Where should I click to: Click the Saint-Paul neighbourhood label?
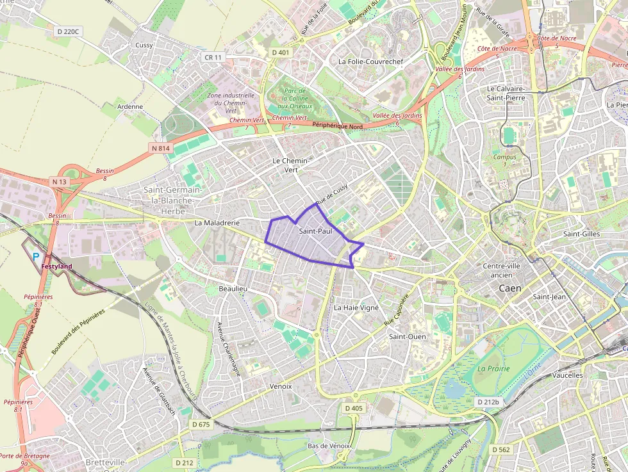click(x=315, y=231)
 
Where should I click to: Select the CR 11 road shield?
click(x=213, y=57)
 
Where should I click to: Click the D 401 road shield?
click(x=280, y=53)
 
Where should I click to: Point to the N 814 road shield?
click(x=161, y=148)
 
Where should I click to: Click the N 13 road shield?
click(x=60, y=182)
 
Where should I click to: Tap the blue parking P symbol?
click(x=36, y=256)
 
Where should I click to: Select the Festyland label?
click(x=56, y=266)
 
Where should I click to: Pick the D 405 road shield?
click(x=353, y=408)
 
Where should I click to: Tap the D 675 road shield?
click(x=201, y=424)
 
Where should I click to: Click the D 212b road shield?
click(x=488, y=402)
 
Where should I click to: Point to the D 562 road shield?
click(x=501, y=450)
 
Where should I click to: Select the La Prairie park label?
click(x=493, y=368)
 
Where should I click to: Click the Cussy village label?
click(x=144, y=45)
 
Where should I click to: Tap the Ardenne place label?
click(x=130, y=106)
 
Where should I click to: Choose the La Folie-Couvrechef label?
click(x=370, y=61)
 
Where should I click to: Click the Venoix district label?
click(x=281, y=386)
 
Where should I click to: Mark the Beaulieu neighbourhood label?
click(x=233, y=289)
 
